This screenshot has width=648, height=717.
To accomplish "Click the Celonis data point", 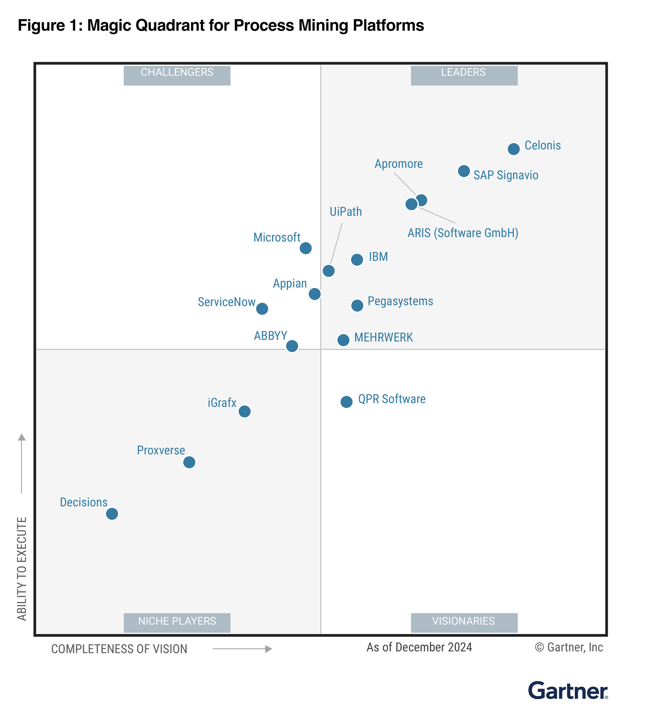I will [x=513, y=149].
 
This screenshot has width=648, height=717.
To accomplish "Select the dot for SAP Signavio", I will [x=463, y=171].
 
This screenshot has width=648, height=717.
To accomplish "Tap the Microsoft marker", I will [x=305, y=248].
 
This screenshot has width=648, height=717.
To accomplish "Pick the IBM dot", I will [x=357, y=260].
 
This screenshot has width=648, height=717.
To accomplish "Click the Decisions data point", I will [x=112, y=513].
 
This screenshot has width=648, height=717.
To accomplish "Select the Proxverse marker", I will [x=189, y=462].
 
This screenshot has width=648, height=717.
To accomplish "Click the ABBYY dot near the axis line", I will [x=292, y=346].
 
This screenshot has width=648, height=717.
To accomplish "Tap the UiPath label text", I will [x=345, y=212].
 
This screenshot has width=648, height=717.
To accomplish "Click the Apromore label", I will [x=398, y=164].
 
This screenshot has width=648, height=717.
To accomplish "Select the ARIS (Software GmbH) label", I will [x=462, y=233].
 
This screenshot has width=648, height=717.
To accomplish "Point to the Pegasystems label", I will [x=400, y=301].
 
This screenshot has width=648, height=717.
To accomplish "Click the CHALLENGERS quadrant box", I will [x=177, y=75].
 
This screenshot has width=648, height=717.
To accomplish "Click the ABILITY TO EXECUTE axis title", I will [x=22, y=568].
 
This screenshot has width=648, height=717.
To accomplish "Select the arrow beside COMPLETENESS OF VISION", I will [x=242, y=649].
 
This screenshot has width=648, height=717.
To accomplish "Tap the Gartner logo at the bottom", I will [x=568, y=691].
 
